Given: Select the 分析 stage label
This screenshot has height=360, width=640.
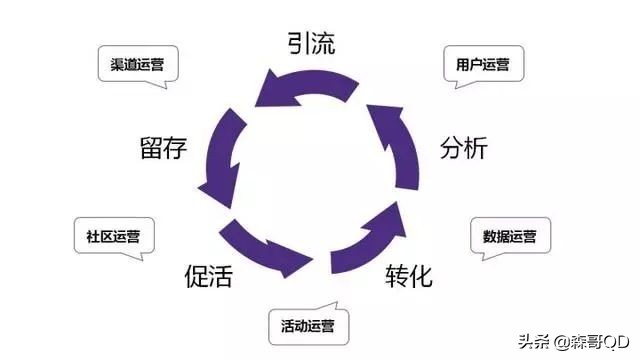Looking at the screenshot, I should (463, 148).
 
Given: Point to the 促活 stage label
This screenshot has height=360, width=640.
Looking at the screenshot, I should (208, 276).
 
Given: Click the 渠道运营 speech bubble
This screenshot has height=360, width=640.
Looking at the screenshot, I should (138, 65).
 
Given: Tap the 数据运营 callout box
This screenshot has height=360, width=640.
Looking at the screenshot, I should (509, 237).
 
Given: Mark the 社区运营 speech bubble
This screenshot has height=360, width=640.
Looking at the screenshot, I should (113, 237).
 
